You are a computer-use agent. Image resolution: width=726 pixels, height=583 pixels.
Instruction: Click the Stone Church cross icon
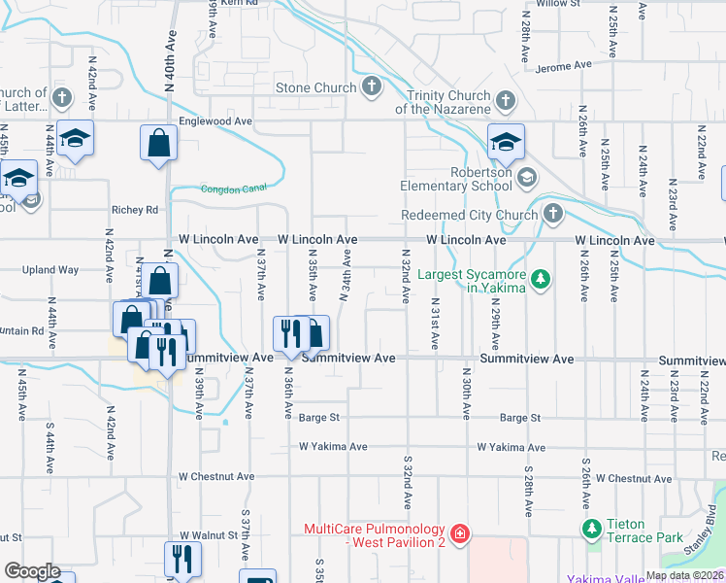point(370,88)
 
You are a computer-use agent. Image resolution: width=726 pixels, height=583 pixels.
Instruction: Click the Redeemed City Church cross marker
point(552,214)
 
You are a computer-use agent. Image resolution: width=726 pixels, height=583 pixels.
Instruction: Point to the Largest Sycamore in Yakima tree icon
point(542,281)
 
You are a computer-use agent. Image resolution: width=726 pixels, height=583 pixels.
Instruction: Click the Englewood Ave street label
point(215,121)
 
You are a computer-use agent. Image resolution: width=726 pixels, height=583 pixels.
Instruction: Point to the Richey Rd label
point(135,210)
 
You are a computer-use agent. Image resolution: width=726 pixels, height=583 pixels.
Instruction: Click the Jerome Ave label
point(564,66)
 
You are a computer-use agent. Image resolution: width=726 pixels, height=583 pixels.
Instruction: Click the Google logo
point(32,571)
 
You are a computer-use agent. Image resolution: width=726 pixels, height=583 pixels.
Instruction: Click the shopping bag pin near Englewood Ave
point(158,145)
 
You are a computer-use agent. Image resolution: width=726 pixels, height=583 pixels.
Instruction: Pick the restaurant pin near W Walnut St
point(181,560)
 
